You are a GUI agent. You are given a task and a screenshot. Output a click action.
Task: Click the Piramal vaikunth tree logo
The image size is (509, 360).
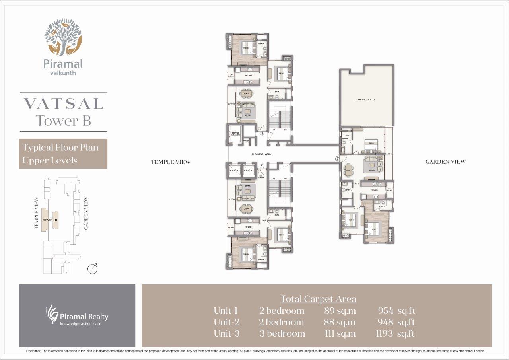coord(63,37)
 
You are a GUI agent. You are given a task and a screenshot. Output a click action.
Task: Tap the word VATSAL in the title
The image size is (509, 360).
coord(63,103)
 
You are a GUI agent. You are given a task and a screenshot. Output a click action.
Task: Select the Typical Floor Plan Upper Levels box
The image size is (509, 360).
coord(63,154)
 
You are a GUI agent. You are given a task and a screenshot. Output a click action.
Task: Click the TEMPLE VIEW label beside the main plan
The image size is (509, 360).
coord(171,162)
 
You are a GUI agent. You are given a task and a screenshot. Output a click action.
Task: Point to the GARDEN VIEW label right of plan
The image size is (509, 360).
coord(445,162)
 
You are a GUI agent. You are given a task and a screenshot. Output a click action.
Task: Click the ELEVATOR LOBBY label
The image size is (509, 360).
coord(261,154)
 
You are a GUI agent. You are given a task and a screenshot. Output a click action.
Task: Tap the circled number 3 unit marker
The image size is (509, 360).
coord(337,159)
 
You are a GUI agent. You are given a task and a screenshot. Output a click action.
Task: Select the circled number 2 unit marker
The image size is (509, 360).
coord(262,134)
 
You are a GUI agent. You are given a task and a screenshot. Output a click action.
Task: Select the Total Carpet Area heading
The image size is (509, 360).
coord(318,298)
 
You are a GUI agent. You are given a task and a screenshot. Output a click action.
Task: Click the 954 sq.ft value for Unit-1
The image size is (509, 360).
coord(396,311)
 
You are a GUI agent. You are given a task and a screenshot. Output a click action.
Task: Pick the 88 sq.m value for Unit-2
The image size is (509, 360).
coord(340,322)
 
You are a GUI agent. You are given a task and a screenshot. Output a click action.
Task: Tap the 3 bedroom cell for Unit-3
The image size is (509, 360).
coord(282,333)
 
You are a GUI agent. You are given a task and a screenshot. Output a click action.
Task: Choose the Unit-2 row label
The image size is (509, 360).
coord(227,322)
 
